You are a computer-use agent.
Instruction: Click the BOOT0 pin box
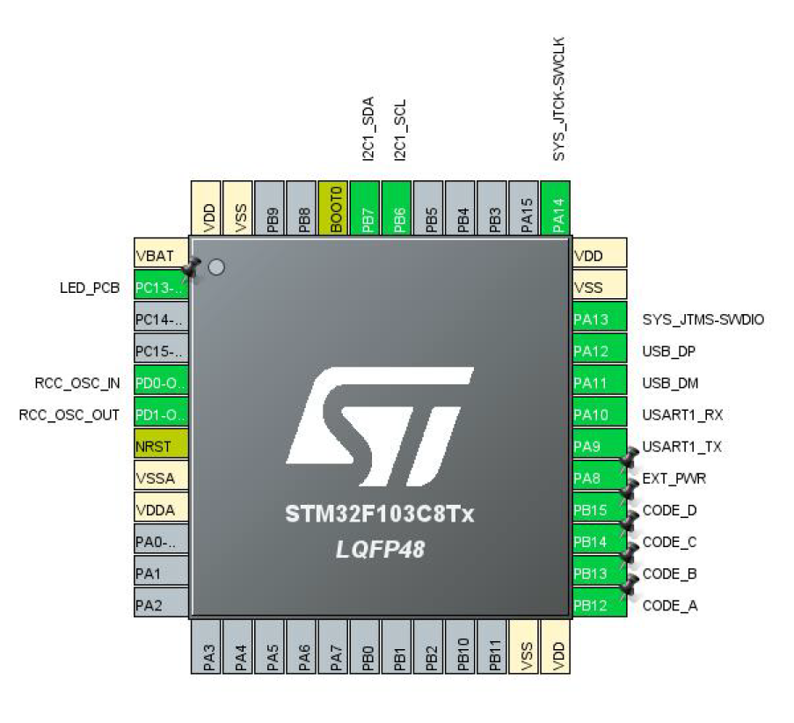(x=333, y=208)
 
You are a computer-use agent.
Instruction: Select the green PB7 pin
(x=365, y=208)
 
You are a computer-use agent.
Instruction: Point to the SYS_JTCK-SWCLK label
(x=557, y=99)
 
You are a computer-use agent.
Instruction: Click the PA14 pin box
(x=556, y=208)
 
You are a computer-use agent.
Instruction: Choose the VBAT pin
(x=161, y=255)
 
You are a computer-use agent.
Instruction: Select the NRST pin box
(x=161, y=446)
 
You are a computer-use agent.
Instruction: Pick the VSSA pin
(x=161, y=478)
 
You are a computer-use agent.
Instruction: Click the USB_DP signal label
(x=670, y=351)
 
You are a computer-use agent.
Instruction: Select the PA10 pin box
(x=599, y=414)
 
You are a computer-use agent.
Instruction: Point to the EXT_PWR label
(x=674, y=478)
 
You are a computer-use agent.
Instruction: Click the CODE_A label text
(x=670, y=605)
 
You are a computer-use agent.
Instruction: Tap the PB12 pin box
(x=599, y=605)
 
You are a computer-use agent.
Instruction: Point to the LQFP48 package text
(x=380, y=550)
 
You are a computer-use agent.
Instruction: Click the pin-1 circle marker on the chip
(x=215, y=267)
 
